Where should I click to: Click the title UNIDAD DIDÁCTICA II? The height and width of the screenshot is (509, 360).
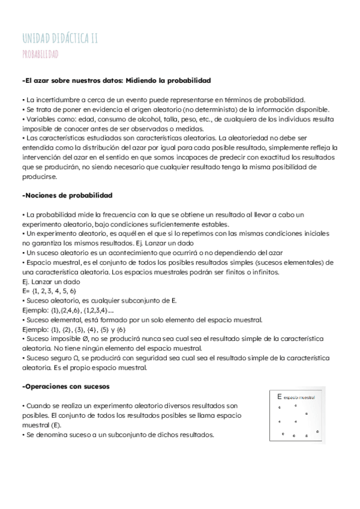pos(59,40)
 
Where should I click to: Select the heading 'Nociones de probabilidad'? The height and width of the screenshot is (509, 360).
pos(68,196)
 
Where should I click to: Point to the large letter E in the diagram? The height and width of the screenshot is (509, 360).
pos(280,397)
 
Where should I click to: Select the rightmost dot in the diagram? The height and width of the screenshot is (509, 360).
pos(315,430)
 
